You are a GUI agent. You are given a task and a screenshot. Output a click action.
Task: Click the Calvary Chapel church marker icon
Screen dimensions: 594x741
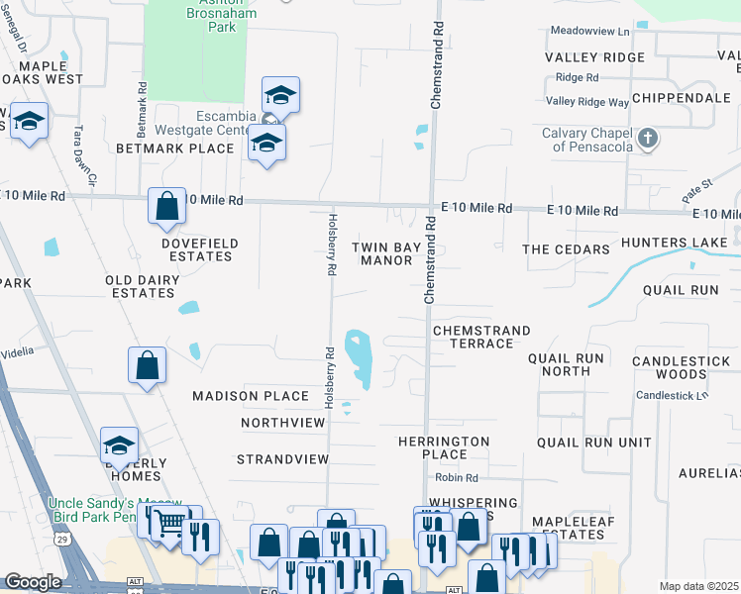pos(648,139)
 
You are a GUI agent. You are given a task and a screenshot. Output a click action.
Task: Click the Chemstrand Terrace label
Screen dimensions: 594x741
pos(481,337)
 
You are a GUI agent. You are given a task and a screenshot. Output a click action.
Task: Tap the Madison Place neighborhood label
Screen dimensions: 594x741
pos(251,396)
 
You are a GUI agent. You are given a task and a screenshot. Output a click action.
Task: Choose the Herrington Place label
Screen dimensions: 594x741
pos(444,447)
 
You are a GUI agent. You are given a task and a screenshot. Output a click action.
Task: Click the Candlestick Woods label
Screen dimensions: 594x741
pos(683,367)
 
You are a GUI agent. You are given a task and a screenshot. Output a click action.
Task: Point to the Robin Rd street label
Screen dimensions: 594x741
pos(457,478)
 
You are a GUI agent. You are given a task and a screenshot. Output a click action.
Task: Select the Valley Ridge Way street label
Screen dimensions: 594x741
pos(587,102)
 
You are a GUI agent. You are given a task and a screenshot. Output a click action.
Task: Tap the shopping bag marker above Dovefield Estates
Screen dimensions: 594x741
pos(167,206)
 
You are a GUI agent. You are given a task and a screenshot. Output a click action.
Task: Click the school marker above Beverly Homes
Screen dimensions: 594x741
pos(119,445)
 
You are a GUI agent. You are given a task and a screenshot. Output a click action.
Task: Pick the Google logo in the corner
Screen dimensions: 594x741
pos(33,582)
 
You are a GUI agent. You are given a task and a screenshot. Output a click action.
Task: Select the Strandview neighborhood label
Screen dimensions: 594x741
pos(282,459)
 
